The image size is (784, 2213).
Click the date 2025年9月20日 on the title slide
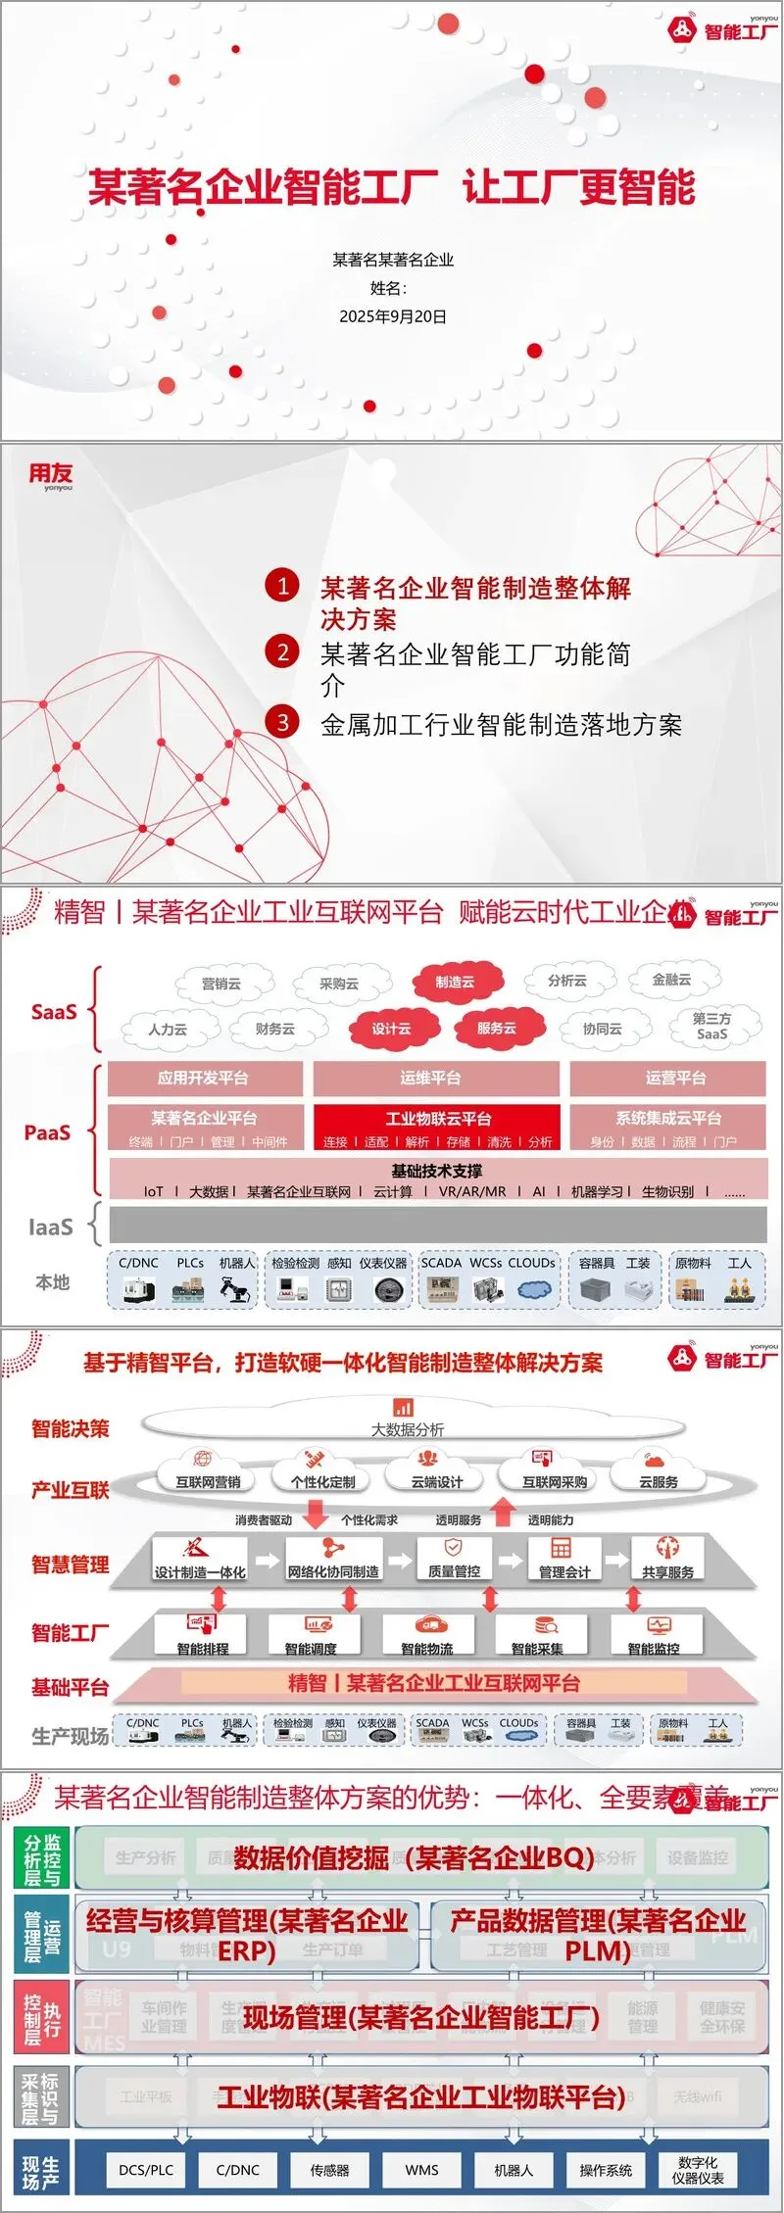[392, 316]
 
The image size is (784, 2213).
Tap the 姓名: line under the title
[389, 288]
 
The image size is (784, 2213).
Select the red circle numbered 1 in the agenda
[282, 586]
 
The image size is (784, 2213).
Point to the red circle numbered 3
[282, 722]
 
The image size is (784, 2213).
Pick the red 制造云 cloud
[455, 982]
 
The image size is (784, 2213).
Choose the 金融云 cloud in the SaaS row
[671, 979]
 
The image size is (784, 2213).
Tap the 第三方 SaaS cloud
[711, 1026]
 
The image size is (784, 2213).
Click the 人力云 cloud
[168, 1029]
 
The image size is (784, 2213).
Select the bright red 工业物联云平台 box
[437, 1126]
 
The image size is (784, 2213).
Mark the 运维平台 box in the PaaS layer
[436, 1078]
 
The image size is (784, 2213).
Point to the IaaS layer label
[51, 1227]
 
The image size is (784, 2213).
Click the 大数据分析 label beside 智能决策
[407, 1429]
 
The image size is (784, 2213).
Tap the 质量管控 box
[454, 1563]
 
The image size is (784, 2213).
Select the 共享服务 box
[667, 1564]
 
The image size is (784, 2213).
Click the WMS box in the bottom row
[421, 2170]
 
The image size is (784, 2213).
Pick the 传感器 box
[329, 2170]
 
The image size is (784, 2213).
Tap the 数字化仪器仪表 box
[698, 2170]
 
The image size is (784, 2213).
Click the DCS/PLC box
[146, 2170]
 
